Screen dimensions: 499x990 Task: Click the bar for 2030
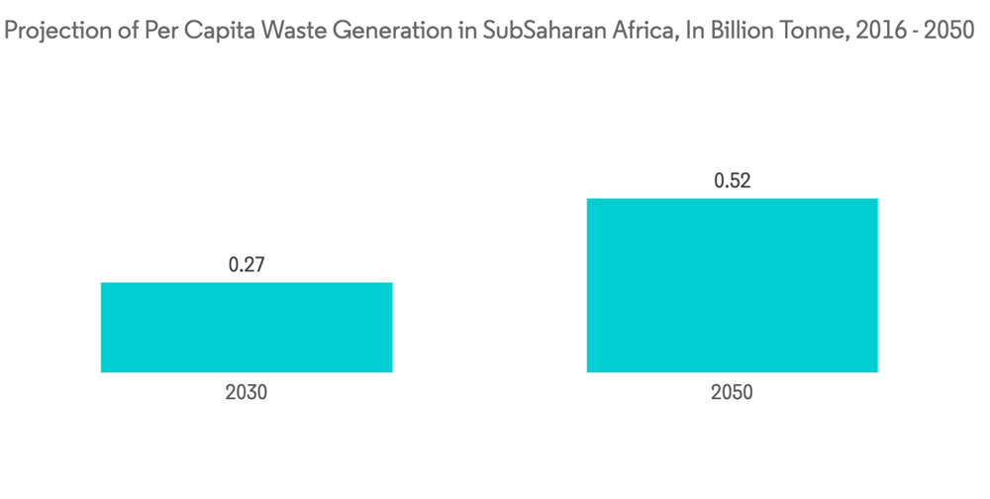pyautogui.click(x=247, y=328)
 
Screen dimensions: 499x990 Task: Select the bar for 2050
pyautogui.click(x=732, y=285)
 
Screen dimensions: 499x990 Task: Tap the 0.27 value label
pyautogui.click(x=247, y=264)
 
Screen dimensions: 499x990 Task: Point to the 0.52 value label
pyautogui.click(x=733, y=180)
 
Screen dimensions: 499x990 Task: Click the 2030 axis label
pyautogui.click(x=247, y=392)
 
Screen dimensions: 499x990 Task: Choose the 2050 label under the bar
pyautogui.click(x=732, y=392)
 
